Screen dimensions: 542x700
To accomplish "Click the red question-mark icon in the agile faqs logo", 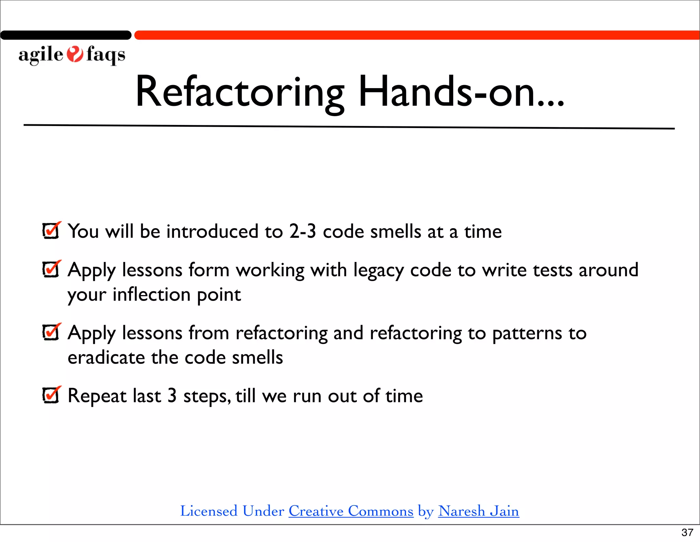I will pos(75,54).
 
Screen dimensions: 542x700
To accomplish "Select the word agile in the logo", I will pos(41,55).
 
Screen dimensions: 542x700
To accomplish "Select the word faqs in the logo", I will pos(106,55).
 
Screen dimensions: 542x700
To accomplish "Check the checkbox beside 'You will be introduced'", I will pos(51,231).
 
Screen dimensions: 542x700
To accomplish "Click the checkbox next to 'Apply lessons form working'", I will pos(51,269).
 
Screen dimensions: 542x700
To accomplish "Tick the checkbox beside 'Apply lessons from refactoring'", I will pos(51,332).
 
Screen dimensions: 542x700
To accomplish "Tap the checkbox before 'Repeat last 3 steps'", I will pos(51,395).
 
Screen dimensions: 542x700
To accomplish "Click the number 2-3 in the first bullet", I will pos(302,232).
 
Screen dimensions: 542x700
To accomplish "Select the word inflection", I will pos(152,294).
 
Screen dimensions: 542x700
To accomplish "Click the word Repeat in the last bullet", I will pos(97,396).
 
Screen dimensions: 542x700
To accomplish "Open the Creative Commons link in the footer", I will pos(351,511).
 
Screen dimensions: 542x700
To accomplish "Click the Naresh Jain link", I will pos(478,511).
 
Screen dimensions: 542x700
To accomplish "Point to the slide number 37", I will pos(687,532).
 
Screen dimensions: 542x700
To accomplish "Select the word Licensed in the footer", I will pos(208,511).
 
